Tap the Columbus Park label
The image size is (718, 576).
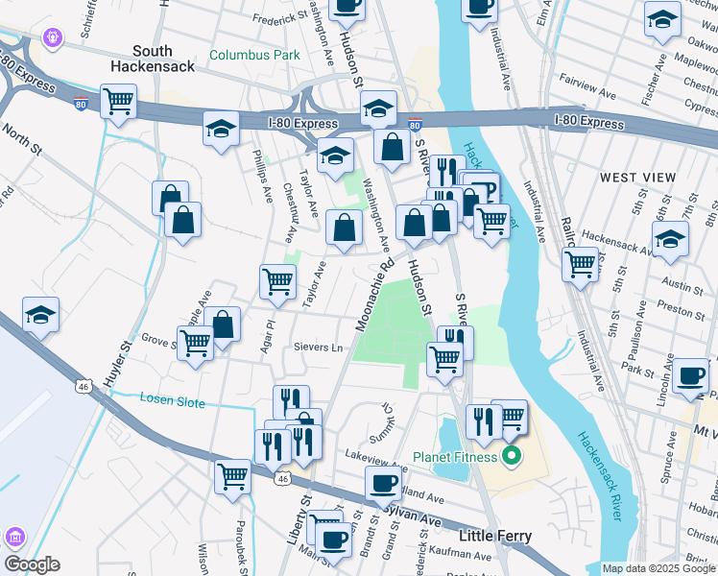point(254,55)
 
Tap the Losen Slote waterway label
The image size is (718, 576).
point(173,401)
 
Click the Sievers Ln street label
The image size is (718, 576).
point(318,347)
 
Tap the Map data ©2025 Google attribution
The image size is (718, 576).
point(658,568)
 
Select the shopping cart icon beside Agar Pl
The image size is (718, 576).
point(277,281)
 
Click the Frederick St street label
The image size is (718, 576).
point(279,17)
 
